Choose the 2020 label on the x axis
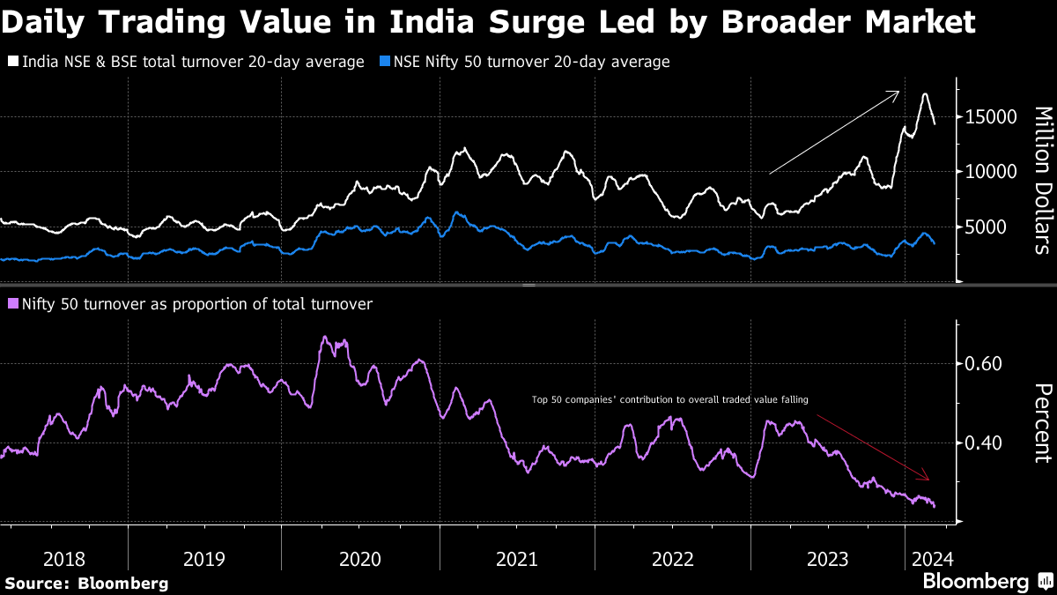click(x=359, y=558)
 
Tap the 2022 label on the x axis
click(x=672, y=558)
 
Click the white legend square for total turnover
click(x=13, y=63)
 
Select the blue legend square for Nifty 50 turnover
click(x=384, y=63)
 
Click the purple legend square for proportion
click(x=13, y=304)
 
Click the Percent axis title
click(x=1042, y=422)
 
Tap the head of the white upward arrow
click(x=898, y=92)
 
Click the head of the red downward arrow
click(x=928, y=480)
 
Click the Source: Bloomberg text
click(x=85, y=584)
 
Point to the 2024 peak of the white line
click(x=925, y=93)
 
